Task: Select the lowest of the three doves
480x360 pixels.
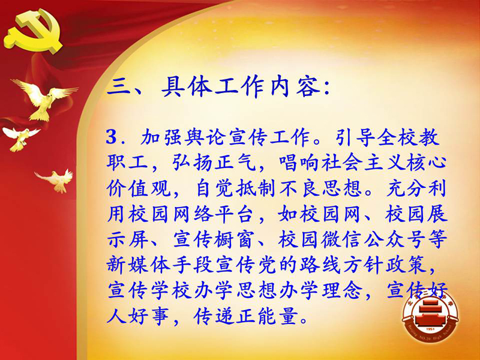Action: pyautogui.click(x=56, y=181)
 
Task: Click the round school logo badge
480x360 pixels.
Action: pyautogui.click(x=430, y=316)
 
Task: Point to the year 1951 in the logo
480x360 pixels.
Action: pyautogui.click(x=430, y=329)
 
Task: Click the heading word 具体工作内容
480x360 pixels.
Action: pyautogui.click(x=241, y=86)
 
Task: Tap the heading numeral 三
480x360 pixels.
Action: pyautogui.click(x=118, y=87)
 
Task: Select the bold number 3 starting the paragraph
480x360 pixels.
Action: pyautogui.click(x=112, y=137)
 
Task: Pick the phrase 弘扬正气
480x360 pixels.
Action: pyautogui.click(x=214, y=163)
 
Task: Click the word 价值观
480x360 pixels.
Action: pyautogui.click(x=139, y=188)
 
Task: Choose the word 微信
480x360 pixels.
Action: pyautogui.click(x=341, y=239)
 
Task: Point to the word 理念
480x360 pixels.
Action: pyautogui.click(x=342, y=290)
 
